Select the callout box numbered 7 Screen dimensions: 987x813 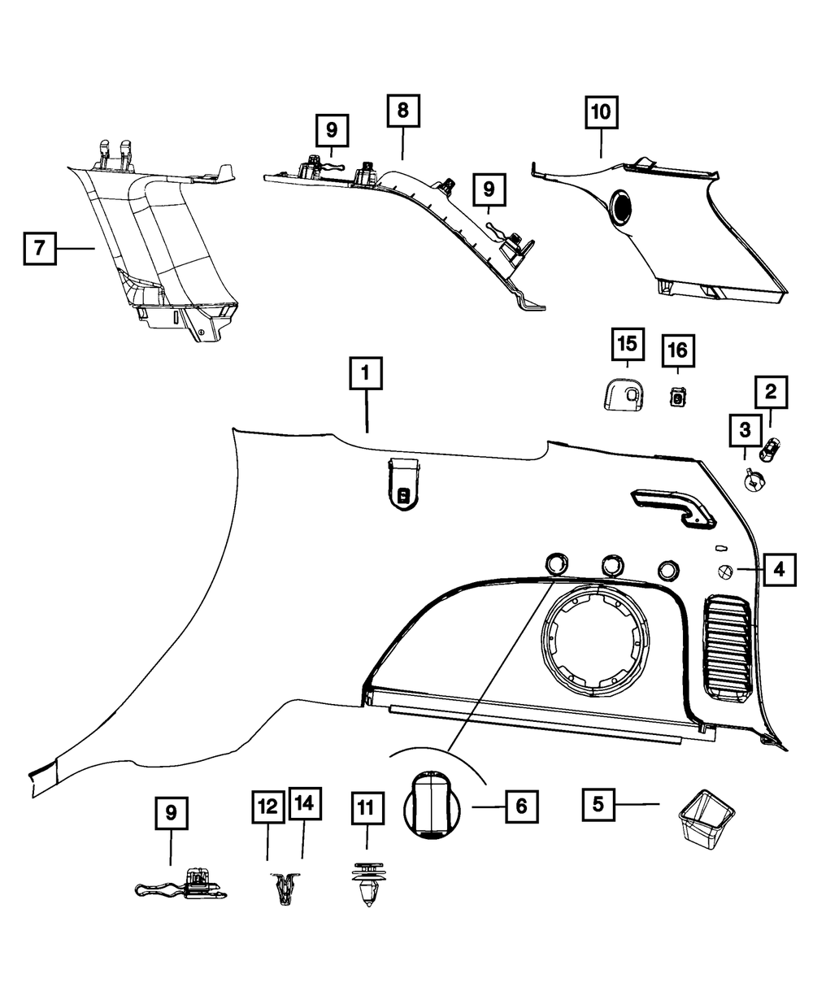40,249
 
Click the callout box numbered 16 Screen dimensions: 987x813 677,351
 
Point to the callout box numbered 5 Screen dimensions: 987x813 598,805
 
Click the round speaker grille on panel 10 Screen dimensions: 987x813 622,207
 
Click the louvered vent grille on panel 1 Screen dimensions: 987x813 728,646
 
